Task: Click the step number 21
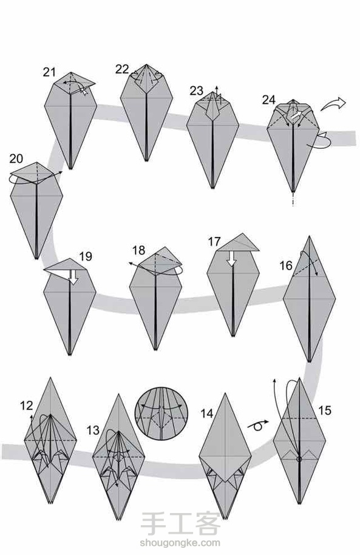(x=50, y=72)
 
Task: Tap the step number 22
(x=122, y=69)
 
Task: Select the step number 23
(x=197, y=90)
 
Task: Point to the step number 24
(x=269, y=100)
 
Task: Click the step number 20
(x=16, y=158)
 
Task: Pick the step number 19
(x=86, y=256)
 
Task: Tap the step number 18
(x=139, y=250)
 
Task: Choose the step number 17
(x=214, y=242)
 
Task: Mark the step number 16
(x=286, y=265)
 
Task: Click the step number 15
(x=325, y=410)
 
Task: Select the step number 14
(x=207, y=413)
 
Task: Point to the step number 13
(x=93, y=431)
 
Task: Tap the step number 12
(x=27, y=406)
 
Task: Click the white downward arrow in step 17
(x=231, y=259)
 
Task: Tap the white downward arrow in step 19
(x=73, y=277)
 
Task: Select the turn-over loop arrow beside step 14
(x=259, y=425)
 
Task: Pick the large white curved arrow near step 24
(x=334, y=104)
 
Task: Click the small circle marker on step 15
(x=299, y=459)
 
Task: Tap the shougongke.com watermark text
(x=180, y=543)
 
